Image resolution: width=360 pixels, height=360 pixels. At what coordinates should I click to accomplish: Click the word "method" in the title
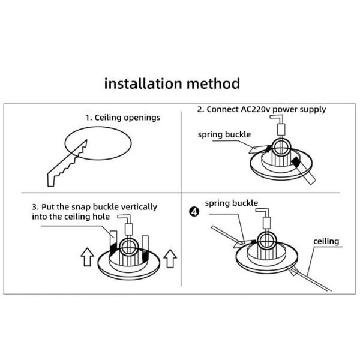pos(213,83)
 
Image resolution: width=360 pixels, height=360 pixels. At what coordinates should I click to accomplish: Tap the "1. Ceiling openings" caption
pos(123,118)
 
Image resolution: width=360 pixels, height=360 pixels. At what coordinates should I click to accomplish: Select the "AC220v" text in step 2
pos(256,109)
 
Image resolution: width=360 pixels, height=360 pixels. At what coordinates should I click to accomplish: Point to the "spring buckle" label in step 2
pos(224,134)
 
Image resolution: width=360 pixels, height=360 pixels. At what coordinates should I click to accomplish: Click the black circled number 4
pos(194,212)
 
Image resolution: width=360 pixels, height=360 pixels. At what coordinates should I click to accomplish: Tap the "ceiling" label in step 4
pos(326,241)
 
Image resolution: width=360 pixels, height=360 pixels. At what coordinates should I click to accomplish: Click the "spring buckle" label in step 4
pos(232,203)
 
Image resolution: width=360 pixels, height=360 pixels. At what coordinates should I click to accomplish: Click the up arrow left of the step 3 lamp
pos(87,257)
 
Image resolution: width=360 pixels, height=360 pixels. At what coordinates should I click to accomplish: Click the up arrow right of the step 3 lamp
pos(170,259)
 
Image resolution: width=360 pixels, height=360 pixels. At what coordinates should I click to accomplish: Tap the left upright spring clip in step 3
pos(113,243)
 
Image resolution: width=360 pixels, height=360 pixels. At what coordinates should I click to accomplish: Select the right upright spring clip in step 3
pos(145,249)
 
